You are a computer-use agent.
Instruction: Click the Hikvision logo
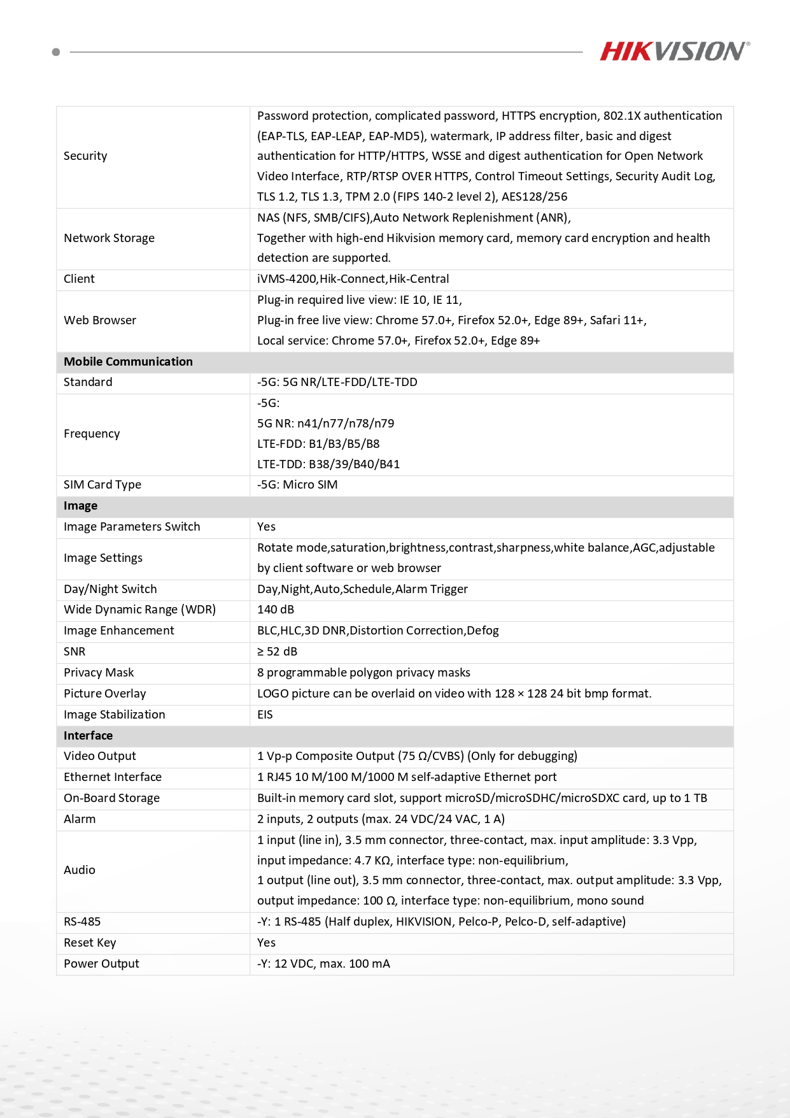(x=674, y=51)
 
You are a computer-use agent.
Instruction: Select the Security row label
(x=85, y=156)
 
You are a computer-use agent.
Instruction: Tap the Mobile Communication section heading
(x=128, y=362)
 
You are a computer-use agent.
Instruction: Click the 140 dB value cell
(x=276, y=610)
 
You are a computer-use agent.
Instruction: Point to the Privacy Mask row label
(x=99, y=673)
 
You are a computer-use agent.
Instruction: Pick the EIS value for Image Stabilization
(x=265, y=715)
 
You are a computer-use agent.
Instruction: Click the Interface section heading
(x=88, y=736)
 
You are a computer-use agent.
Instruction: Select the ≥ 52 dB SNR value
(x=277, y=652)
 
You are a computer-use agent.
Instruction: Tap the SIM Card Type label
(x=102, y=485)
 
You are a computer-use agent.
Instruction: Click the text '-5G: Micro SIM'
(x=297, y=485)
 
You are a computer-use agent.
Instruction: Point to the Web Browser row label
(x=100, y=320)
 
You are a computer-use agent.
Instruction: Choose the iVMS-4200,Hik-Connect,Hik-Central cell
(x=353, y=279)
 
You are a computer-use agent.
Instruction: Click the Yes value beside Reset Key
(x=266, y=943)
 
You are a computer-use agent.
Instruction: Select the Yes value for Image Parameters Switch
(x=266, y=527)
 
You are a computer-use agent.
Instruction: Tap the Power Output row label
(x=101, y=964)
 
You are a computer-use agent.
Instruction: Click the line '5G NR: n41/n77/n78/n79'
(x=325, y=424)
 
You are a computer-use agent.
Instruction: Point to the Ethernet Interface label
(x=113, y=777)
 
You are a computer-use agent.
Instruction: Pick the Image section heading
(x=80, y=506)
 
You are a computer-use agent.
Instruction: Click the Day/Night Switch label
(x=110, y=589)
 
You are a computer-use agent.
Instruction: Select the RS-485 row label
(x=82, y=922)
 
